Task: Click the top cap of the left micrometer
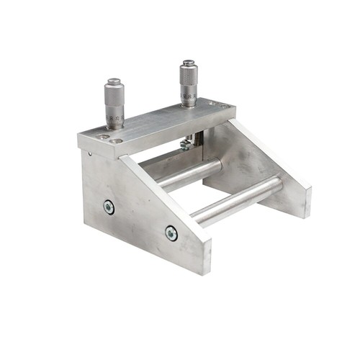click(114, 81)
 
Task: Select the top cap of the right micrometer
click(189, 63)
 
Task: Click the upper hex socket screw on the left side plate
click(109, 207)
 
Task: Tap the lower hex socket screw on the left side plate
click(171, 233)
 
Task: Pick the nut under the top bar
click(186, 143)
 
